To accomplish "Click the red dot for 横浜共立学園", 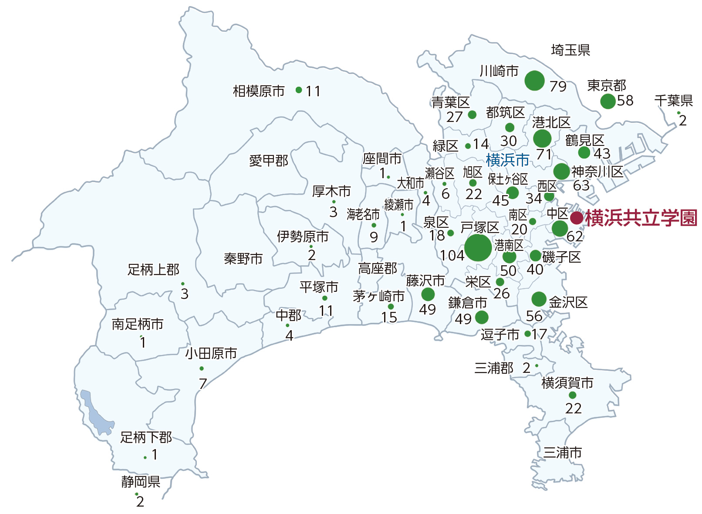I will pos(577,218).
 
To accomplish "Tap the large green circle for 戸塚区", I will pos(478,247).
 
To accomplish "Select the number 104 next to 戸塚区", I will pos(452,256).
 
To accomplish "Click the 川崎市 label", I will pos(499,71).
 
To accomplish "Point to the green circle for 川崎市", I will pos(534,80).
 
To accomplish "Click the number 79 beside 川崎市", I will pos(558,86).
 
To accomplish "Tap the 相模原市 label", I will pos(259,91).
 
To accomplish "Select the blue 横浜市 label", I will pos(507,160).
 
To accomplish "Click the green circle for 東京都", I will pos(607,101).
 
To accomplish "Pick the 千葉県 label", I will pos(673,101).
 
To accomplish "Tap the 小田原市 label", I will pos(211,353).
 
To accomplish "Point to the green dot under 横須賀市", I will pos(572,395).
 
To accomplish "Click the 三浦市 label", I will pos(562,453).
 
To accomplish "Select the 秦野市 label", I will pos(243,259).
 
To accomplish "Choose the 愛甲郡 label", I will pos(269,161).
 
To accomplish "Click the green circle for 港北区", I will pos(542,139).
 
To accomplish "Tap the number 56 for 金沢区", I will pos(534,316).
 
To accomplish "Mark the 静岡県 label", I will pos(141,482).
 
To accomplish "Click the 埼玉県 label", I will pos(570,50).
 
